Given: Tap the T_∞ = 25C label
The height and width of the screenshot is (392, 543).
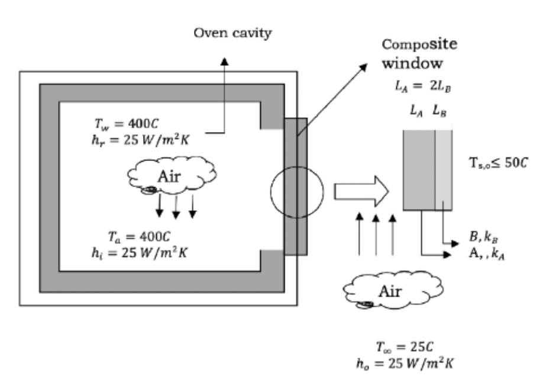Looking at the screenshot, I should tap(405, 347).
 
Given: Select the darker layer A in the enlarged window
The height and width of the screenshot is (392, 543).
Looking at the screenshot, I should tap(419, 169).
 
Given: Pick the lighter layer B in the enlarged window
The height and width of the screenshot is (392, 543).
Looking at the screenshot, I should tap(444, 169).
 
